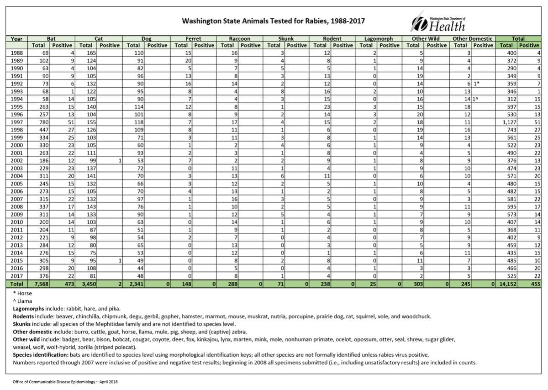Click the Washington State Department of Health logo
(x=438, y=22)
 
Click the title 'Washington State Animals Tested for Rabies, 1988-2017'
(x=274, y=21)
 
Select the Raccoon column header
(x=240, y=39)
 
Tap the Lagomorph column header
(x=379, y=39)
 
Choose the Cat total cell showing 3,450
(x=86, y=284)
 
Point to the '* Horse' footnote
(x=22, y=294)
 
